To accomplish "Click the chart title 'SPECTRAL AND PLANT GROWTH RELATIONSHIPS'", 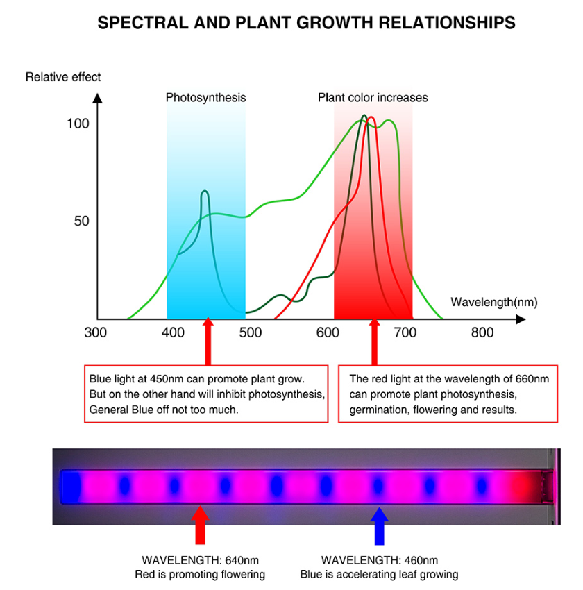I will click(306, 23).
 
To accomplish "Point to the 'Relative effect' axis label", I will click(63, 77).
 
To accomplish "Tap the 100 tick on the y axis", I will click(78, 124).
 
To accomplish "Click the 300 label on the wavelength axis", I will click(95, 333).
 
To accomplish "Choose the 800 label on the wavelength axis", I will click(482, 333).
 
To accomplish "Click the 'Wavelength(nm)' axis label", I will click(493, 302).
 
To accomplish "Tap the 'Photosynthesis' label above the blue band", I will click(205, 98).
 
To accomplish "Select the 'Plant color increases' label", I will click(373, 98).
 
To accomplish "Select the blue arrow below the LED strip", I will click(378, 525).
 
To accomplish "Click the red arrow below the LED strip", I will click(200, 525).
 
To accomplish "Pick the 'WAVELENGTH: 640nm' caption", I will click(200, 560).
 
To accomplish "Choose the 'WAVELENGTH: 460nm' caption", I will click(379, 560).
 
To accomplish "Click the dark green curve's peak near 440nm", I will click(205, 192).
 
